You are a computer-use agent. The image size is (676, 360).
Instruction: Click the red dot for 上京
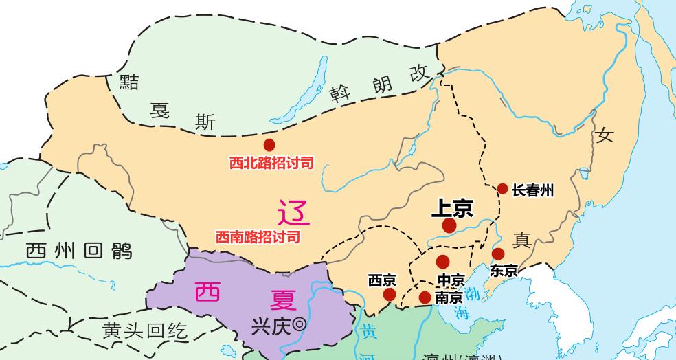coord(449,225)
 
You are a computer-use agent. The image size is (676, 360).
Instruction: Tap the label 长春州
coord(533,190)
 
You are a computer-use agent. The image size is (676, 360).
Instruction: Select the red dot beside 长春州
coord(502,189)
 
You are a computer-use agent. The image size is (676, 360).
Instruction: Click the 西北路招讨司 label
coord(271,164)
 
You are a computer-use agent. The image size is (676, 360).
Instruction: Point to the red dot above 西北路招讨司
coord(269,145)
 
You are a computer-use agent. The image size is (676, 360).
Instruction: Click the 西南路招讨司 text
coord(258,237)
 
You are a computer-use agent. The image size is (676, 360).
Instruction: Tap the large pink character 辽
coord(293,213)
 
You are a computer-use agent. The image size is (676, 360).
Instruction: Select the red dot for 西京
coord(390,295)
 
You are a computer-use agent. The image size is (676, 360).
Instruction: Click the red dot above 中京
coord(442,262)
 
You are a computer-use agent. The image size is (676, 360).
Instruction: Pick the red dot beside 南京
coord(425,297)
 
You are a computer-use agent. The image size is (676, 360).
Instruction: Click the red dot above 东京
coord(498,254)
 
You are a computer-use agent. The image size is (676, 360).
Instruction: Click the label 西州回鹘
coord(78,251)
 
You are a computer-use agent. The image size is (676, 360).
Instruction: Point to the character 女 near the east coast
coord(605,135)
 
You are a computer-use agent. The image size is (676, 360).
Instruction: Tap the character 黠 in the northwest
coord(129,82)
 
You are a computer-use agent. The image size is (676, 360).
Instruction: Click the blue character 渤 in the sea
coord(473,295)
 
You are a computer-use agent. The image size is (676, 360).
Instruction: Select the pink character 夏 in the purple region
coord(283,300)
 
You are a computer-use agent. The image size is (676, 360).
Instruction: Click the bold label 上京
coord(452,208)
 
